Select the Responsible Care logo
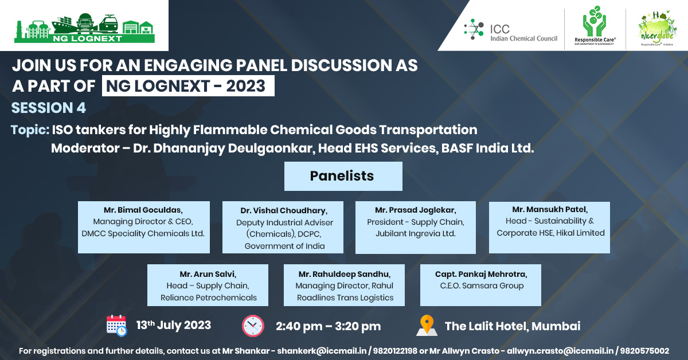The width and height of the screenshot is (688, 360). (x=594, y=29)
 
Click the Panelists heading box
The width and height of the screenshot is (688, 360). (x=343, y=176)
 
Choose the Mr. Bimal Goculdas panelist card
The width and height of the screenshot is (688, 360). (x=143, y=227)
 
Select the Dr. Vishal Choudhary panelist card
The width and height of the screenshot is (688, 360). (x=283, y=227)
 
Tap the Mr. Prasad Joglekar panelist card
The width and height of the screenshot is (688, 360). (x=416, y=227)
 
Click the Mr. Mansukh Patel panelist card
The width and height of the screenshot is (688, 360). (x=549, y=227)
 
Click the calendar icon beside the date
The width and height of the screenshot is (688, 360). (x=116, y=325)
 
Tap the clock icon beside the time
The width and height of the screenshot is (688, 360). (x=253, y=326)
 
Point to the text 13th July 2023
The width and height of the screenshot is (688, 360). (x=173, y=325)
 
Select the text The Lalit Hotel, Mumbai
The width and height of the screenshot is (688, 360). (x=513, y=326)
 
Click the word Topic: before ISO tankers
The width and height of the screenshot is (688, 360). (x=30, y=130)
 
